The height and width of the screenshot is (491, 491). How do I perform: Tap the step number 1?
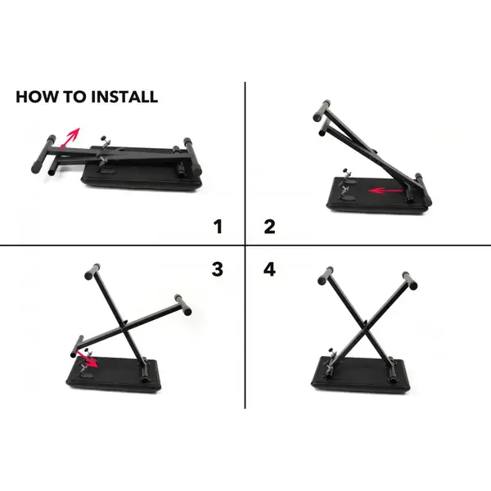tap(218, 227)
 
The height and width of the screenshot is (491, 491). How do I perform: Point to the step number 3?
tap(218, 268)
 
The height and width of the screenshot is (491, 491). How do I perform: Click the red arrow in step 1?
tap(71, 137)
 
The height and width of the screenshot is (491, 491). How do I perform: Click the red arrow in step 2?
tap(385, 191)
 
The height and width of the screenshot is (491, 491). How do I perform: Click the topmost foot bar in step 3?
tap(92, 270)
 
